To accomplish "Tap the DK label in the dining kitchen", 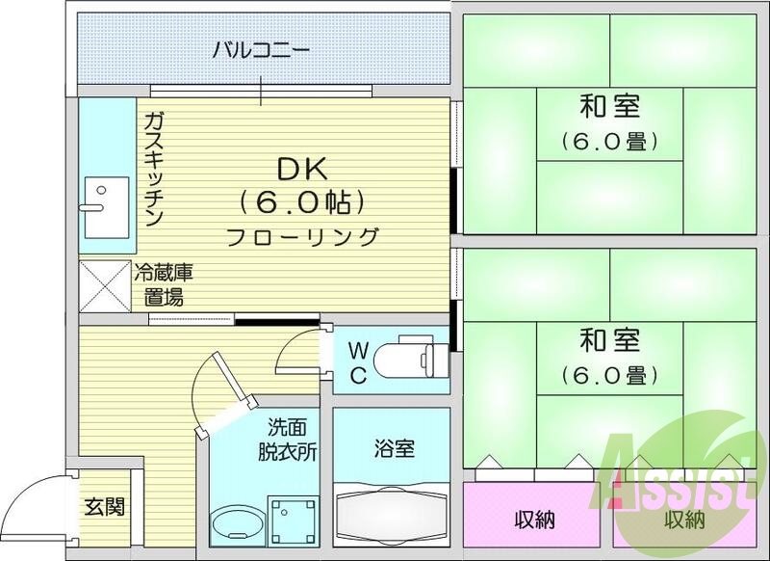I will point(302,169).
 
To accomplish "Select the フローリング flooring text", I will point(303,235).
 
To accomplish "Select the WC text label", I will point(356,361).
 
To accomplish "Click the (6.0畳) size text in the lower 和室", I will point(609,374).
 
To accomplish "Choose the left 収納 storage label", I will point(533,520).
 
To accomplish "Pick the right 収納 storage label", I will point(684,520).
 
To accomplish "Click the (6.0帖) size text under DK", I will point(302,202).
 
